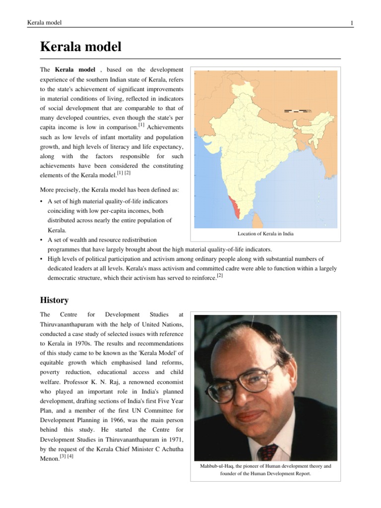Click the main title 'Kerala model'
[x=80, y=48]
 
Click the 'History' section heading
[x=54, y=300]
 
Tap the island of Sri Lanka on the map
[x=257, y=220]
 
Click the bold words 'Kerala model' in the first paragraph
[x=75, y=70]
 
